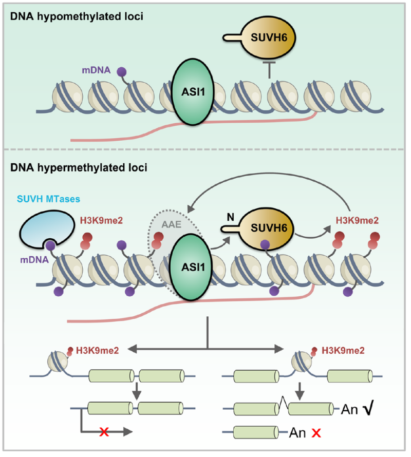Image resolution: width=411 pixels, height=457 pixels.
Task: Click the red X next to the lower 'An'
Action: pos(317,432)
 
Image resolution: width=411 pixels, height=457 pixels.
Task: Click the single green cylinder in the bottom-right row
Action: pos(254,431)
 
